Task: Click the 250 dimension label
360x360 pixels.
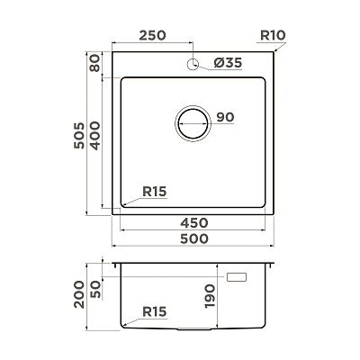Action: (x=152, y=35)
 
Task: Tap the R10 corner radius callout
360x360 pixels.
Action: (x=273, y=35)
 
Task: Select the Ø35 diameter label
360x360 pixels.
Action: (x=228, y=63)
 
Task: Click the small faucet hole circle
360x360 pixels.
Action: (x=193, y=64)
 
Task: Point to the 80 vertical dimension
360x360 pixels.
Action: (x=95, y=63)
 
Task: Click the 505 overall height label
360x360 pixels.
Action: (x=79, y=135)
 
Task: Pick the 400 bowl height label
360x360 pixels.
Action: (x=95, y=136)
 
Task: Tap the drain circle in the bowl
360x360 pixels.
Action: (x=193, y=123)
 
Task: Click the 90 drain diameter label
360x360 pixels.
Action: (x=225, y=117)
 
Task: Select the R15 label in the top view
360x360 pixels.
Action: (x=155, y=192)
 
